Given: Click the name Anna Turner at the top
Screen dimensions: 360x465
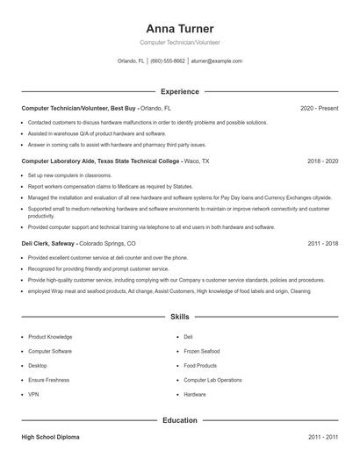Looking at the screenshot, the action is [179, 28].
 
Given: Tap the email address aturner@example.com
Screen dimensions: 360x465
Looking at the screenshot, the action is [216, 61].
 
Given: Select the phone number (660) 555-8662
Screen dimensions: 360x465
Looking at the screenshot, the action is [168, 61].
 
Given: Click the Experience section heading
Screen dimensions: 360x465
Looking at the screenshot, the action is [179, 91].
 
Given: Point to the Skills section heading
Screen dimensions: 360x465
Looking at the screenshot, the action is [179, 316].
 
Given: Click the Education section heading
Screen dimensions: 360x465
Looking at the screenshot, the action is [179, 420].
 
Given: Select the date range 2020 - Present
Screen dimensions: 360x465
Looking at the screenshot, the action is [319, 108].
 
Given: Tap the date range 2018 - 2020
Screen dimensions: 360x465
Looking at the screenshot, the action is [322, 161].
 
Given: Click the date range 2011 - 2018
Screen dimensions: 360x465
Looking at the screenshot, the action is [322, 243].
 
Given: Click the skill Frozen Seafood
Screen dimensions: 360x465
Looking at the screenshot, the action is [202, 351].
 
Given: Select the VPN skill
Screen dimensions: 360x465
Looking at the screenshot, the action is [33, 395].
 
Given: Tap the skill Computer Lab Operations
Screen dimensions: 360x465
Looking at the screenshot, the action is [212, 380].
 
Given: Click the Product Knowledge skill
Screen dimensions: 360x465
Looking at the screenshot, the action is [50, 337].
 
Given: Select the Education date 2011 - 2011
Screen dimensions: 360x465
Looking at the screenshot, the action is [322, 436].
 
